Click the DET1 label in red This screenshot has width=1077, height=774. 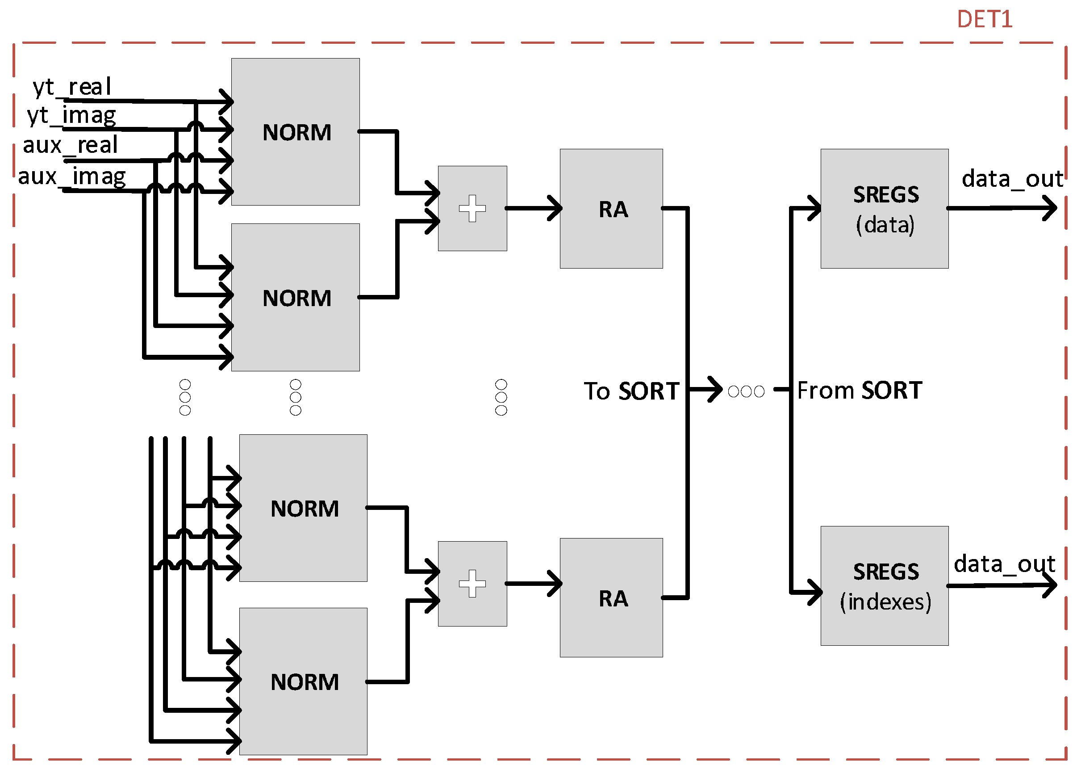[x=984, y=20]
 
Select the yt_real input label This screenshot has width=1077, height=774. [x=72, y=87]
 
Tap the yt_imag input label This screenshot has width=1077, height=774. [x=71, y=115]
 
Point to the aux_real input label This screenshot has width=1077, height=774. [x=70, y=145]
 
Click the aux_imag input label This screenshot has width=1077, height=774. [x=72, y=176]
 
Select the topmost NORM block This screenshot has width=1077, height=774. [x=295, y=132]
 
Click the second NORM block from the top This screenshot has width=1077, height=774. [x=295, y=298]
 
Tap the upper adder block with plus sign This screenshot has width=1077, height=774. [x=472, y=208]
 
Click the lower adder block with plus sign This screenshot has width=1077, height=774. [x=472, y=583]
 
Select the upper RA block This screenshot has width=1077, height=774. [x=611, y=209]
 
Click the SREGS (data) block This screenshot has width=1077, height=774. [x=884, y=209]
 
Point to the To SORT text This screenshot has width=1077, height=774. [x=631, y=391]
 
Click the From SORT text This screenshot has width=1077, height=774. [x=859, y=390]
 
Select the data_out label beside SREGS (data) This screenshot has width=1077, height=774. [x=1011, y=179]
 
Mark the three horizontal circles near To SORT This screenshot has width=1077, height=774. [x=746, y=391]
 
